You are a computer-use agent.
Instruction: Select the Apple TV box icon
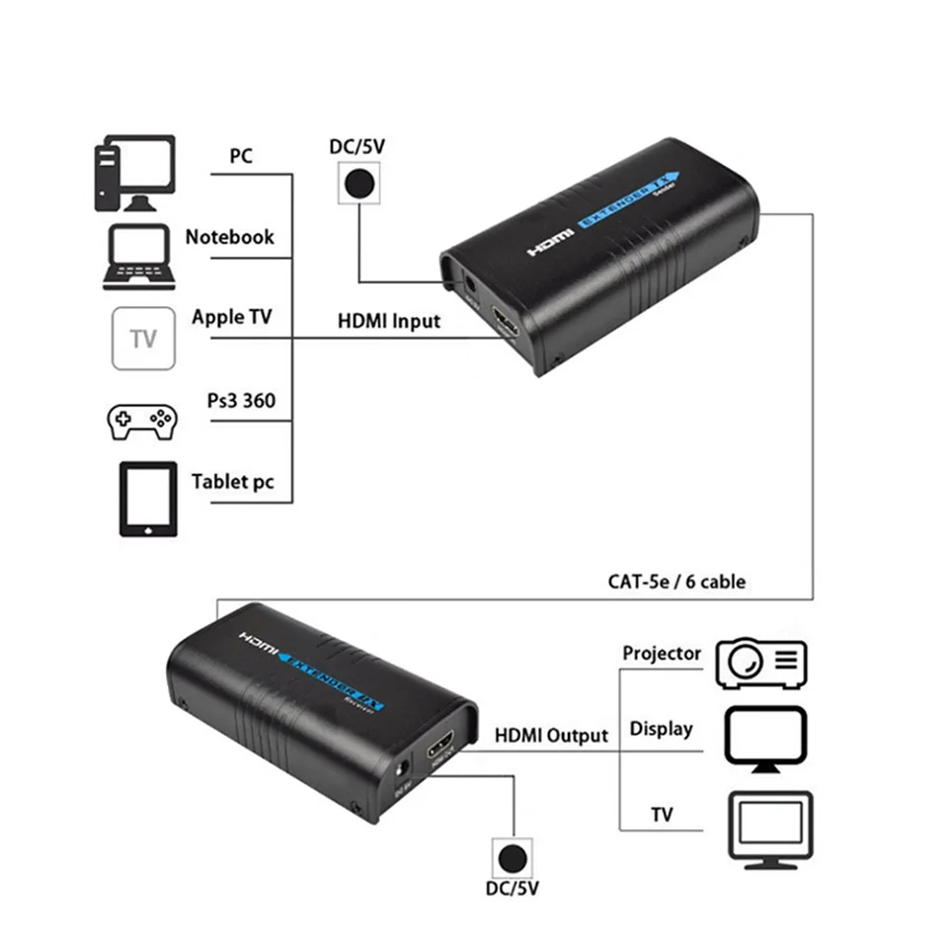[143, 339]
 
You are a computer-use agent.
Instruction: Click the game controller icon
[141, 420]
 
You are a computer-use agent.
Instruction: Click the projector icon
[761, 663]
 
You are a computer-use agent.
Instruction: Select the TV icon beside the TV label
[769, 828]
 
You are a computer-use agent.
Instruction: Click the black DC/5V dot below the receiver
[513, 856]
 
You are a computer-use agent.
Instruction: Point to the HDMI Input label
[389, 321]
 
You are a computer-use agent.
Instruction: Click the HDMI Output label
[551, 735]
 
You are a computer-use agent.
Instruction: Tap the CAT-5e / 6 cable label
[676, 582]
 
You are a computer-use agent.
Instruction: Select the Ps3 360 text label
[241, 400]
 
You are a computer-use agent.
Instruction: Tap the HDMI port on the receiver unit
[440, 748]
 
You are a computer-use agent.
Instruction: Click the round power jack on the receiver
[402, 769]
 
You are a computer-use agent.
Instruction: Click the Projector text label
[662, 654]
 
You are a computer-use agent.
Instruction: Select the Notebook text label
[230, 237]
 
